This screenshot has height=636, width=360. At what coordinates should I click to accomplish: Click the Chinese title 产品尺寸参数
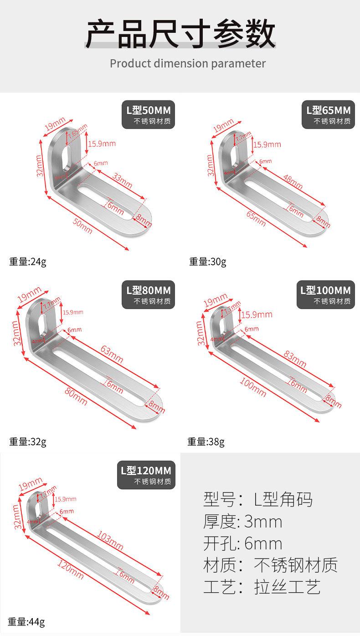coord(180,34)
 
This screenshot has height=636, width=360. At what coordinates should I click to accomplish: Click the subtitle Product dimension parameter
coord(187,63)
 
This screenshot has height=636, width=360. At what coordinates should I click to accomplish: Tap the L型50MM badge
coord(149,114)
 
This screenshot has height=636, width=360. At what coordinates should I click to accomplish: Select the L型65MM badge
coord(328,114)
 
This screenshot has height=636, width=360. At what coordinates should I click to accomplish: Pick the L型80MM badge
coord(149,295)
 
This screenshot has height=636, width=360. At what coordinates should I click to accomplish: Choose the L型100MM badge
coord(326,295)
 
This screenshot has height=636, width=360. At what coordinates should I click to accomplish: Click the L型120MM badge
coord(146,475)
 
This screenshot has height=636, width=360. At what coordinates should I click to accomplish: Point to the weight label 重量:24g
coord(28,262)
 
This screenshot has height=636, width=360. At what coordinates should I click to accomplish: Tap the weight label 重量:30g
coord(208,262)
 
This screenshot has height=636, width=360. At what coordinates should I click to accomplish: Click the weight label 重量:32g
coord(28,441)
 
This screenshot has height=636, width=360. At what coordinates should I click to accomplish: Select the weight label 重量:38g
coord(206,441)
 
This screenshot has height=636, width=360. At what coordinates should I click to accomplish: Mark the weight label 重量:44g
coord(27,622)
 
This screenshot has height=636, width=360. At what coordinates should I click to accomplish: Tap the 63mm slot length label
coord(112,354)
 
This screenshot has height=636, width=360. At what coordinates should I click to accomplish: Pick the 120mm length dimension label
coord(71,569)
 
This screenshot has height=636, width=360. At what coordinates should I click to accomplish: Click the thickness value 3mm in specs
coord(263,522)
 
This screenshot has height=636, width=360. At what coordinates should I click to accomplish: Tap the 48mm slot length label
coord(293,183)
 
